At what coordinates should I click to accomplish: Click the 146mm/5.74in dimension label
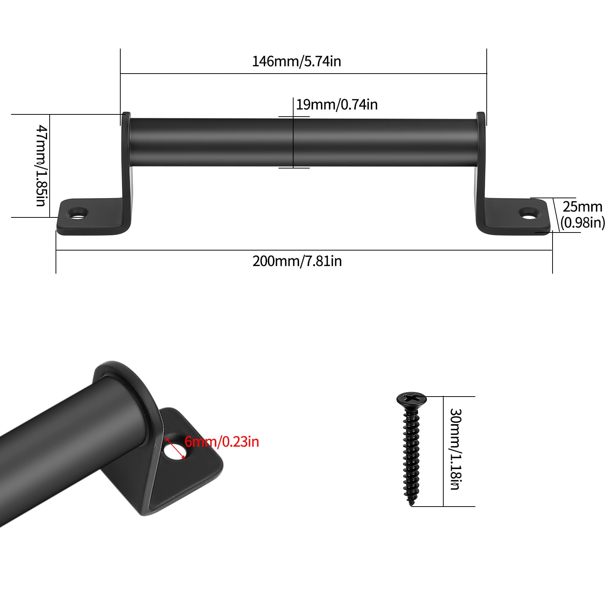coord(297,61)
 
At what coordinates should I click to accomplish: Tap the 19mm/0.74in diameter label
coord(337,104)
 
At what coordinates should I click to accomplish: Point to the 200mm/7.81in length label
coord(297,261)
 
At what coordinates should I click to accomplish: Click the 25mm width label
coord(583,207)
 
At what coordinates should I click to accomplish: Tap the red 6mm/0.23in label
coord(222,441)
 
